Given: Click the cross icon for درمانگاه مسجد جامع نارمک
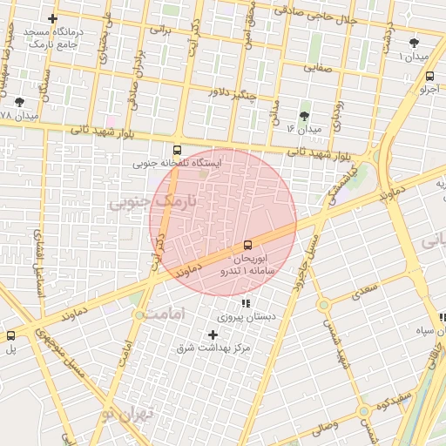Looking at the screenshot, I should coord(53,18).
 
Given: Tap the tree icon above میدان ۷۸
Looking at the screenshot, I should coord(19,102).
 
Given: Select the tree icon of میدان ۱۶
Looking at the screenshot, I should coord(304,116).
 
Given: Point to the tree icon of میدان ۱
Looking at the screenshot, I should coord(413,43).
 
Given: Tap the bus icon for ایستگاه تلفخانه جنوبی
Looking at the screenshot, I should coord(178,150).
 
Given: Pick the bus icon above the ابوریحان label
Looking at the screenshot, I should coord(248,245).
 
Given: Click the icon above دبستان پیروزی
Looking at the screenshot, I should coord(246,304).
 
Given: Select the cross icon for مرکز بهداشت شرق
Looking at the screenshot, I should coord(213,334).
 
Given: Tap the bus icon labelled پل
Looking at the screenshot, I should coord(11,335).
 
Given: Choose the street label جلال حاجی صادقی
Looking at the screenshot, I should coord(315,15).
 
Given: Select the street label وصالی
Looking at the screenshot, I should coord(334,427).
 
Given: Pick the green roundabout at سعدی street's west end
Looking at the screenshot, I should coord(323,305).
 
